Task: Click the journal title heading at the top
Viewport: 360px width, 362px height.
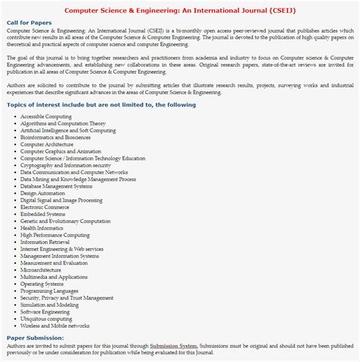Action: pos(179,11)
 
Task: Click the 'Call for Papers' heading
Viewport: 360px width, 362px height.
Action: pos(30,23)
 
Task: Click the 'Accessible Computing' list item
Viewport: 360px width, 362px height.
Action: pos(46,116)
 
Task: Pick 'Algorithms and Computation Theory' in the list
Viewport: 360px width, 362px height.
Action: pos(63,123)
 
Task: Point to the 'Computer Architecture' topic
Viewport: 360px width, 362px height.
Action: pos(47,144)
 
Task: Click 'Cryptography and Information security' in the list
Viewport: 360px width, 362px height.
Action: pos(65,165)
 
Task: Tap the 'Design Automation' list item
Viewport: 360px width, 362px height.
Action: pos(44,193)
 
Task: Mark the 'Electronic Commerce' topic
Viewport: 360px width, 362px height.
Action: pos(45,207)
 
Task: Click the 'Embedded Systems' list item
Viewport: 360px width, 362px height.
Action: pos(43,214)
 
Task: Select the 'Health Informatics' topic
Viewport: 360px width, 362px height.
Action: pos(43,228)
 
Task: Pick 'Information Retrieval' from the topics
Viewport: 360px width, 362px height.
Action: pos(46,242)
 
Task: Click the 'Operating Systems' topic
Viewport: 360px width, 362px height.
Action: pos(43,284)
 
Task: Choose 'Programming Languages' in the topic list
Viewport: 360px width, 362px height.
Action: pos(49,291)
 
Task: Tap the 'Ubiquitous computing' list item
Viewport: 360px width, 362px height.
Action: pos(46,319)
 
